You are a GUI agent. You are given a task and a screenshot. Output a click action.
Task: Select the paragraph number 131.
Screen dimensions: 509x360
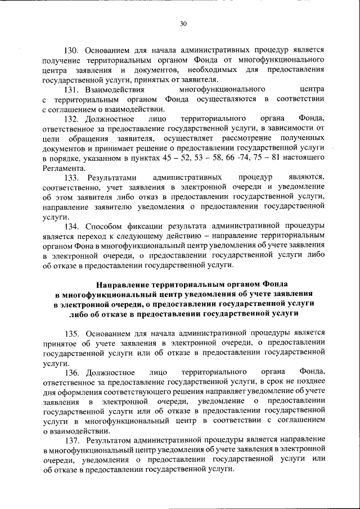pyautogui.click(x=73, y=90)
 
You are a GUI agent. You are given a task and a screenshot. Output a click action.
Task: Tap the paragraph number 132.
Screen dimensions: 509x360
pyautogui.click(x=73, y=119)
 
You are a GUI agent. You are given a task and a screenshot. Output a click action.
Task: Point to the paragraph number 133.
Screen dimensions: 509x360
pyautogui.click(x=73, y=178)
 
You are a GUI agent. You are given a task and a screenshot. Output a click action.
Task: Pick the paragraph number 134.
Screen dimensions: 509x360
pyautogui.click(x=73, y=227)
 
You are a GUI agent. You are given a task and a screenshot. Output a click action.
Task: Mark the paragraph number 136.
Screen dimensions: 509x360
pyautogui.click(x=73, y=372)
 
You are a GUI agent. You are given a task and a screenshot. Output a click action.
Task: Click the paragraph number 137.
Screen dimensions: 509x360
pyautogui.click(x=73, y=438)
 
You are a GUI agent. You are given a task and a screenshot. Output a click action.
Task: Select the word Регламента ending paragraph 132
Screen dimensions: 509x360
pyautogui.click(x=64, y=169)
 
